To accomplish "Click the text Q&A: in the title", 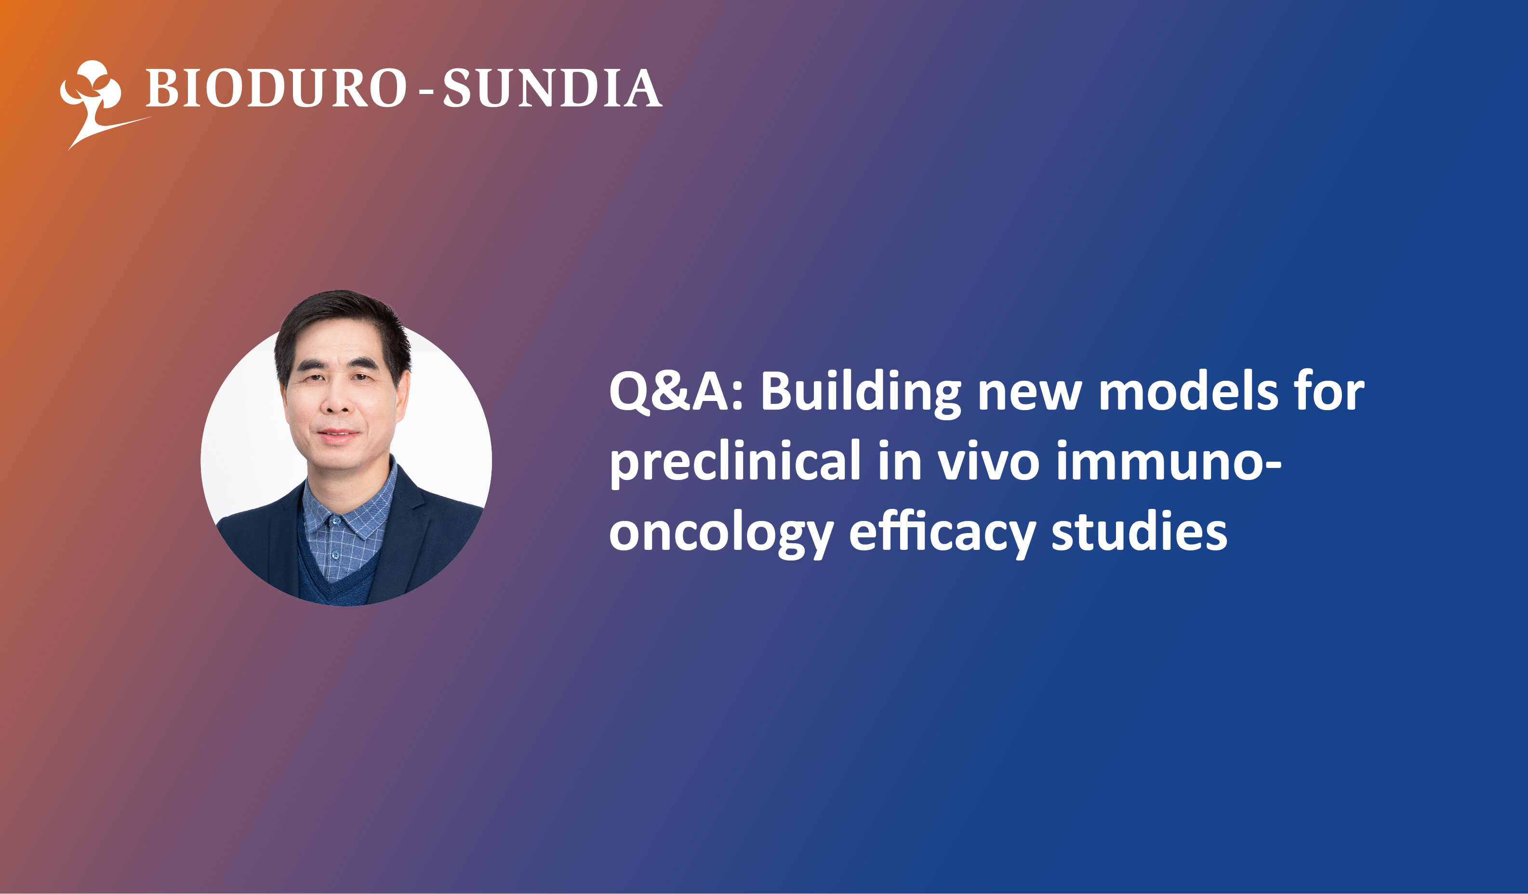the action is (x=676, y=393).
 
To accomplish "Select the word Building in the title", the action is (x=861, y=393).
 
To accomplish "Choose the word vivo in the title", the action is (x=988, y=462).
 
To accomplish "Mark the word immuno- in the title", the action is (x=1169, y=462).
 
